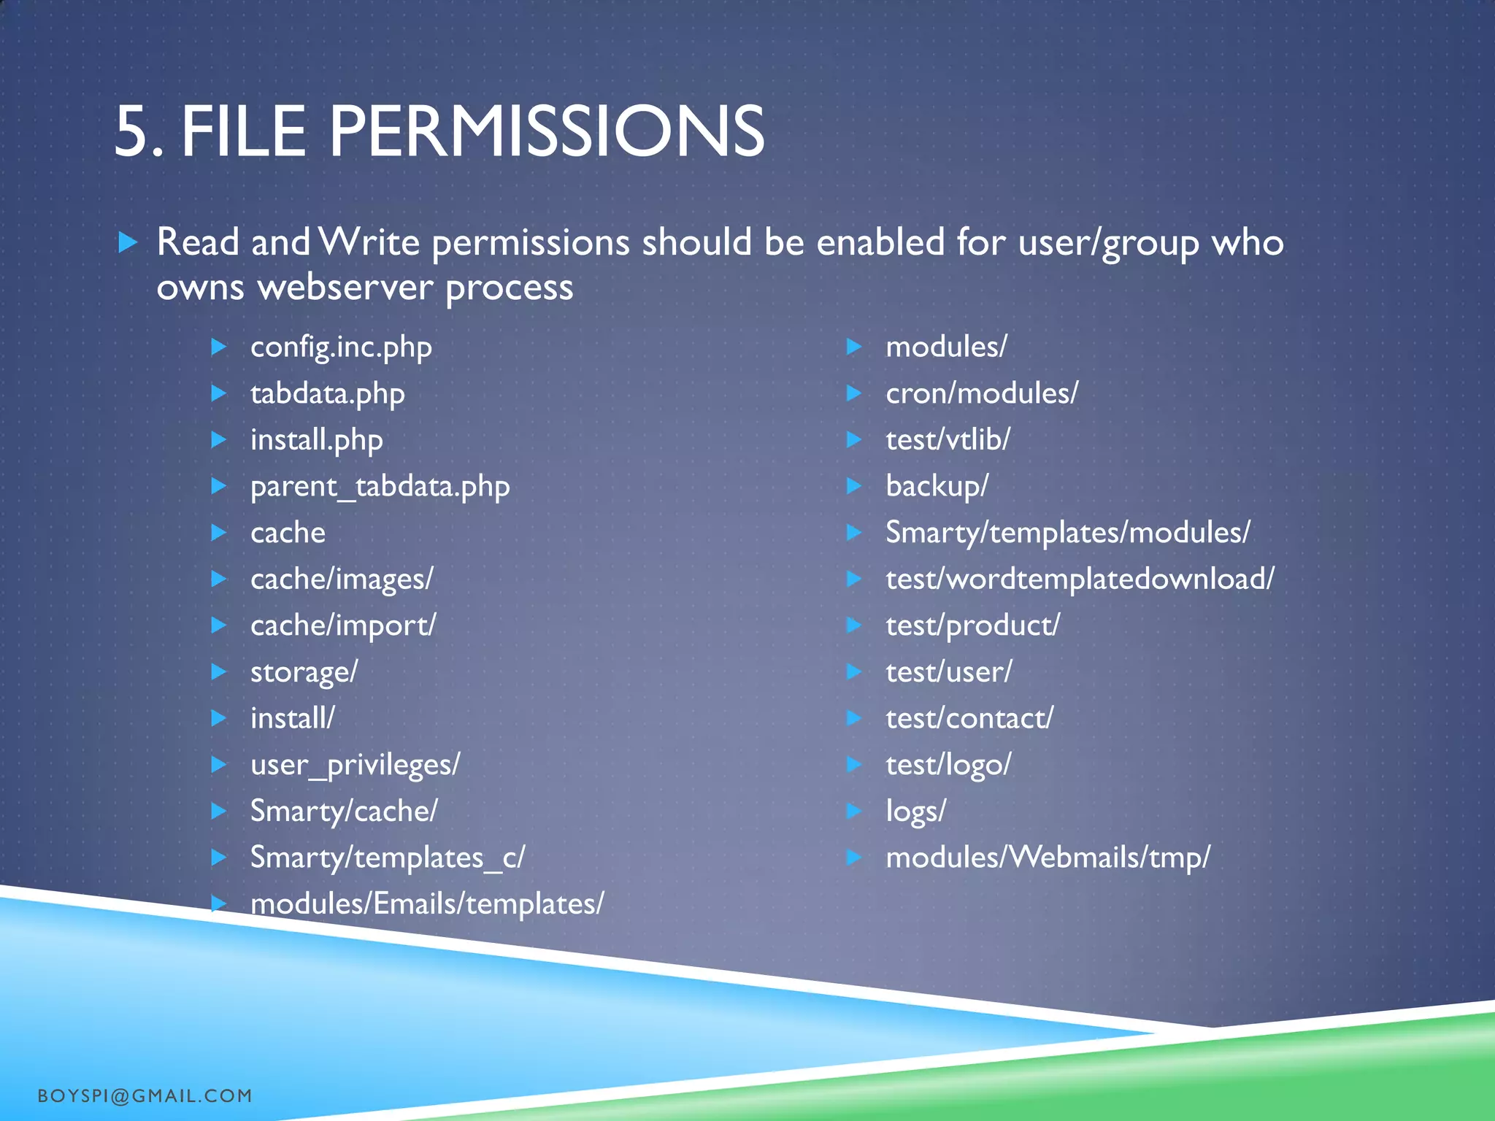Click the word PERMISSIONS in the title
[x=546, y=132]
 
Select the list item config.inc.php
[x=341, y=347]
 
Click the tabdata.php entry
[x=327, y=394]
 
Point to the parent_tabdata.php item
[x=380, y=487]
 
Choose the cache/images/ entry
[x=342, y=579]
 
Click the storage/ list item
[x=304, y=672]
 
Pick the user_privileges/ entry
[x=355, y=765]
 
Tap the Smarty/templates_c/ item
[x=387, y=858]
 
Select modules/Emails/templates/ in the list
[x=427, y=904]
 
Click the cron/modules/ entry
[x=981, y=394]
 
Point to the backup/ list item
[x=937, y=487]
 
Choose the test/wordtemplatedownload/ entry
[x=1080, y=579]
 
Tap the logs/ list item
[x=915, y=812]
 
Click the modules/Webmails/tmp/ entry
[x=1048, y=858]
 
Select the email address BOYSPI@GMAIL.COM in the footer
[x=145, y=1095]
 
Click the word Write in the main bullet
[x=369, y=242]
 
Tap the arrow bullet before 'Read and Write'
[x=128, y=242]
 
